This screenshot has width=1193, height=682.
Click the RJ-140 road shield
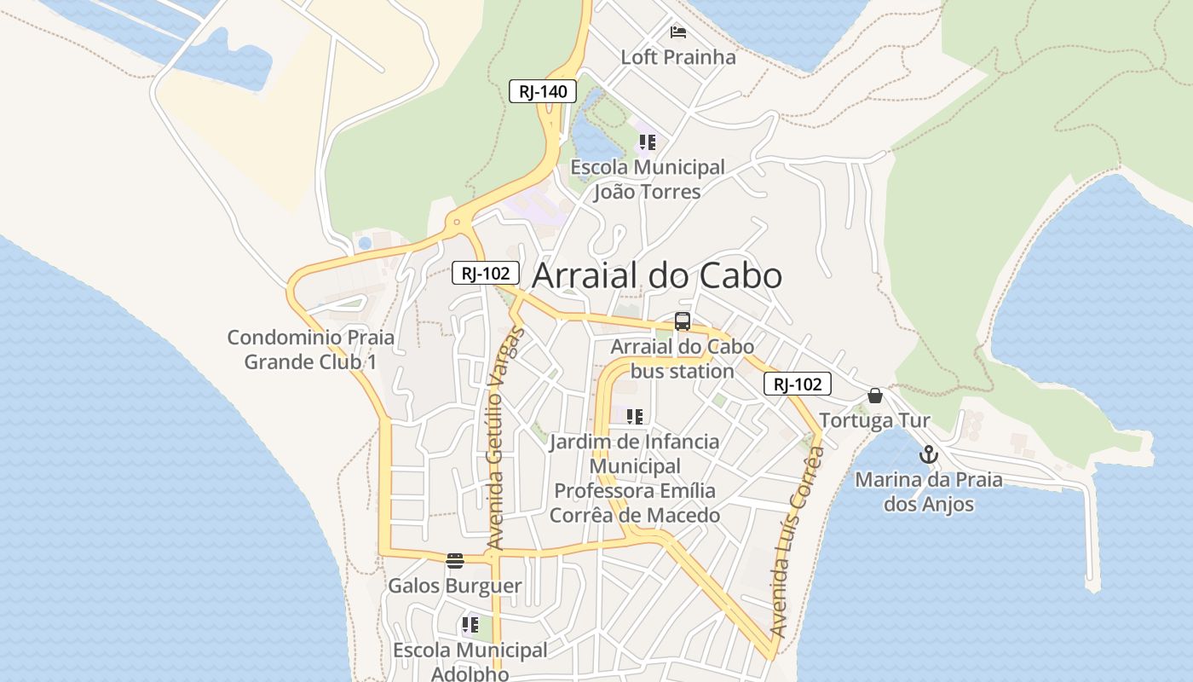543,91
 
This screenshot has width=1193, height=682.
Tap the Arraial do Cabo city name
657,276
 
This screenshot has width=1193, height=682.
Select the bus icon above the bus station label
682,321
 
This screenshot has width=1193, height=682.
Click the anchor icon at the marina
928,454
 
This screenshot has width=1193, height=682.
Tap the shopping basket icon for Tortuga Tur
874,396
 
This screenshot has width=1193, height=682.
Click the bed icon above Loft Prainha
678,32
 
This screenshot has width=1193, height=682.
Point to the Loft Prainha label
678,57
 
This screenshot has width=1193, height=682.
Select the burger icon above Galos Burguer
454,560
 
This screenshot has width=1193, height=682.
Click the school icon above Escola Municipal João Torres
648,142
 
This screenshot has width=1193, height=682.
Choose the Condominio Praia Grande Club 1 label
311,350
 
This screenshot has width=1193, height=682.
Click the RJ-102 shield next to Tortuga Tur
798,384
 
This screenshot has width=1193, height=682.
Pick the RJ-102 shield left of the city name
486,273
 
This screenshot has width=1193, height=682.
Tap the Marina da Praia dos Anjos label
928,492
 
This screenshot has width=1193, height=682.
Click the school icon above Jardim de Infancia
634,417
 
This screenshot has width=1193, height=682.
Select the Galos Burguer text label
454,587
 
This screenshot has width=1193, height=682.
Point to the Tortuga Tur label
874,421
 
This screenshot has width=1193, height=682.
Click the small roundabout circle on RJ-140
458,223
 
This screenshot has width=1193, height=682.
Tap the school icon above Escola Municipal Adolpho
470,625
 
